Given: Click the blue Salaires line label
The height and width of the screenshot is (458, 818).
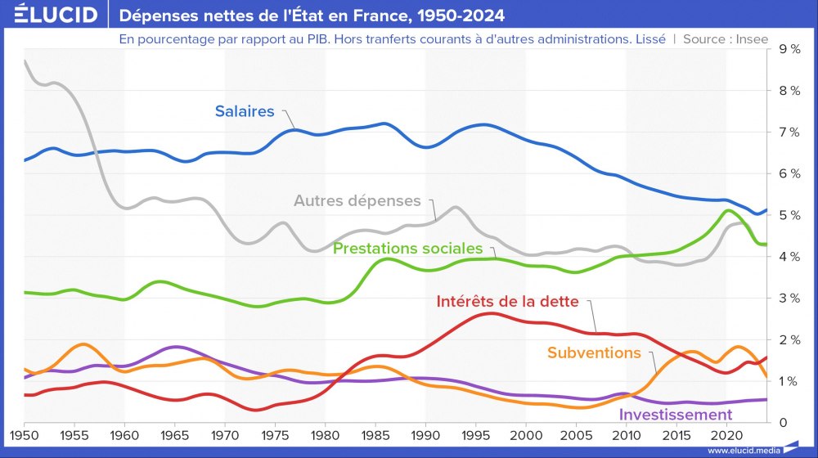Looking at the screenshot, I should (245, 111).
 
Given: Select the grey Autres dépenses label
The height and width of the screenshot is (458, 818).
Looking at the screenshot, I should (357, 200).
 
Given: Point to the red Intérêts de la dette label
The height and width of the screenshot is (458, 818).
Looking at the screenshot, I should (507, 301).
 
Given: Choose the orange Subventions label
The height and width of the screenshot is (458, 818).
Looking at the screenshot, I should (594, 352).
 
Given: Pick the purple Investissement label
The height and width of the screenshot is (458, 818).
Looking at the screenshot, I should (675, 415).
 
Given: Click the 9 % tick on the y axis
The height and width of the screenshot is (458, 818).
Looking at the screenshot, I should (789, 49).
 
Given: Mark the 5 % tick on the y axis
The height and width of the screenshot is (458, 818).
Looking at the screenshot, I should (789, 215).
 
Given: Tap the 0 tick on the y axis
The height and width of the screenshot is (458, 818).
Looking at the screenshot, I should (783, 423).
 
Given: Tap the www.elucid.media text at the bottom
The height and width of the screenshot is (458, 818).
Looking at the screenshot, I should (743, 450).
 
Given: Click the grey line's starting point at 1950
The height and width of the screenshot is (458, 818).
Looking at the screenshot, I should (25, 61).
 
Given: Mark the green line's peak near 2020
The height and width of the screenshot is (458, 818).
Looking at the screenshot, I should (727, 210).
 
